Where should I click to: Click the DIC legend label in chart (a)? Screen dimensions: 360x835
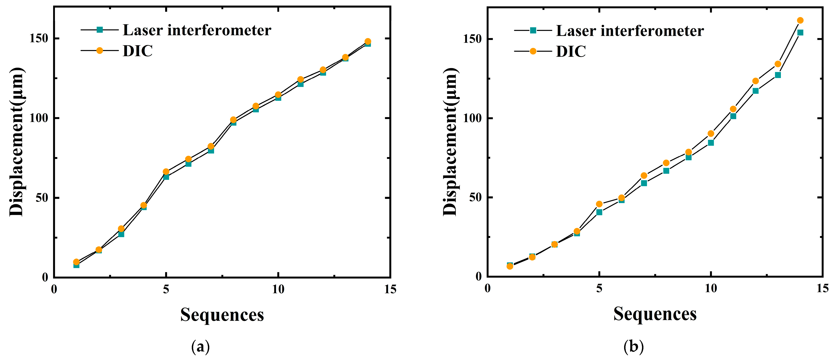137,51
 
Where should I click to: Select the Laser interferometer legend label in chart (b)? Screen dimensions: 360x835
630,31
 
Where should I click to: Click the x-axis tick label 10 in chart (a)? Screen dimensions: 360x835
278,289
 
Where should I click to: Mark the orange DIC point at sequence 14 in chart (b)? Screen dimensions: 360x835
800,21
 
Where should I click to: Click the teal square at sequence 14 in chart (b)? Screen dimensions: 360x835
800,32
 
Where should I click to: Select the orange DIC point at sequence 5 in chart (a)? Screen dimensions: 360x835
166,172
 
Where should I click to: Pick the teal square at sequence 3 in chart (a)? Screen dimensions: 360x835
121,234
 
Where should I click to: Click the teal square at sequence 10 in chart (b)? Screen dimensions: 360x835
710,143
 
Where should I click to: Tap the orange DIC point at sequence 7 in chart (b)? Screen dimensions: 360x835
644,175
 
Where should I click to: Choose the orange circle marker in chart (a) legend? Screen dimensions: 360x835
99,51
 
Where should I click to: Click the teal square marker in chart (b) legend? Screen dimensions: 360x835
533,30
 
